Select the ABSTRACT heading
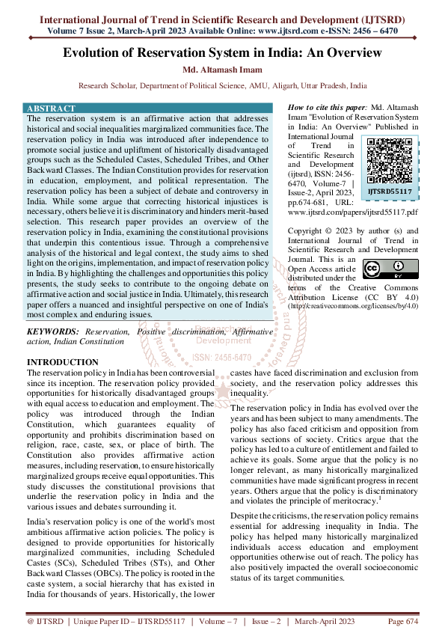click(x=51, y=108)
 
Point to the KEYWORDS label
click(x=53, y=330)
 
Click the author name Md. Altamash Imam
click(x=222, y=70)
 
